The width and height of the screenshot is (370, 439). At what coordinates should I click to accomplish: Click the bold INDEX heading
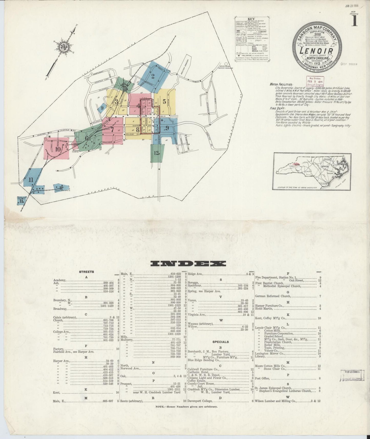coord(188,264)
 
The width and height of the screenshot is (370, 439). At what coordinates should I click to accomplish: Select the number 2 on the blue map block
coord(153,76)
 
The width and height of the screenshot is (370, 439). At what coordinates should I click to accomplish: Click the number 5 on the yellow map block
coord(164,101)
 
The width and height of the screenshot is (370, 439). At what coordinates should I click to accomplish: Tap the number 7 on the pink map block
coord(112,129)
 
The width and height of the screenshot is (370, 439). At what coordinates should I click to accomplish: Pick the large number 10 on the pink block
coord(58,149)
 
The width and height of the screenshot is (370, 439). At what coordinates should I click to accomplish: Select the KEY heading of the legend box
coord(251,19)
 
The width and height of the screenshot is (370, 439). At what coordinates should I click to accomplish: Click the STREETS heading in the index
coord(86,272)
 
